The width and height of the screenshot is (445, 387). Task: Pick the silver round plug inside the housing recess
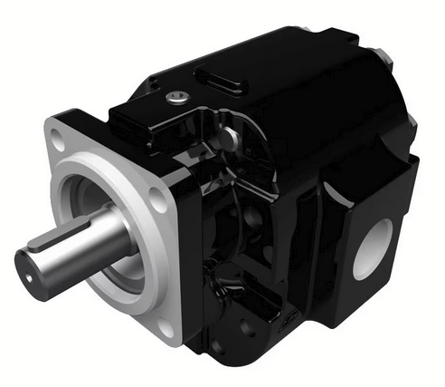(231, 137)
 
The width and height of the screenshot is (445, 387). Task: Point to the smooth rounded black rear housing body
(308, 136)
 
